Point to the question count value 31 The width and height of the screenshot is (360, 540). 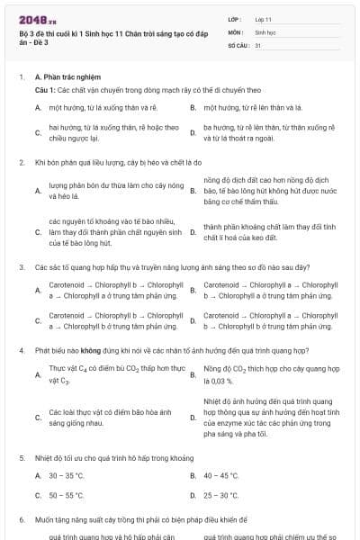pos(258,45)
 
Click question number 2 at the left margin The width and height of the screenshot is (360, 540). pos(22,162)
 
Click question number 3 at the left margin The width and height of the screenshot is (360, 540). pos(22,267)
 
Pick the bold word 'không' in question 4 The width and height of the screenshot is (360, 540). pos(86,349)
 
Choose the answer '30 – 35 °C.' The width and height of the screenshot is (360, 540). pos(67,475)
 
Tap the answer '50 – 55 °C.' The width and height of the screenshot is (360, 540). pos(67,495)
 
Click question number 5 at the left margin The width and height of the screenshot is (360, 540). pos(22,457)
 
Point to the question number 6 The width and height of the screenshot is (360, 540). pos(22,520)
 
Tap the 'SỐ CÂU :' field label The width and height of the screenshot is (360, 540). pos(238,45)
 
